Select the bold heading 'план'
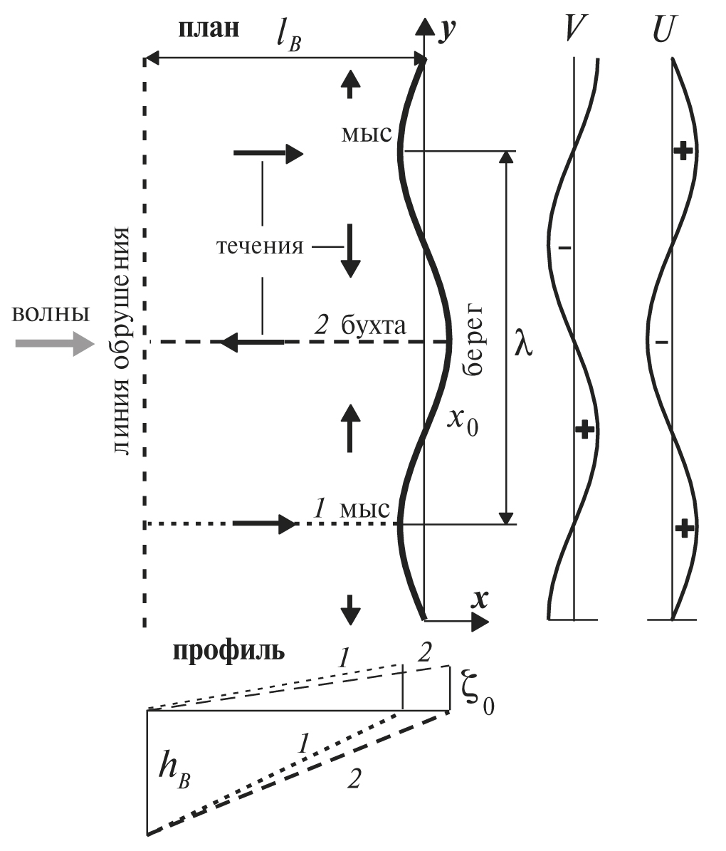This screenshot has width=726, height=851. [209, 28]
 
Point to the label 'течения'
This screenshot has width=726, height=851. [260, 247]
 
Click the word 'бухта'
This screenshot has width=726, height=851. [374, 326]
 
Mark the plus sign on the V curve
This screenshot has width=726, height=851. [584, 429]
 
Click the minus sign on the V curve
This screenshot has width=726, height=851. [565, 247]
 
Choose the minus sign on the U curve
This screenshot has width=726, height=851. [662, 343]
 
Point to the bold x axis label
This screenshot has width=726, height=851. [481, 599]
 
